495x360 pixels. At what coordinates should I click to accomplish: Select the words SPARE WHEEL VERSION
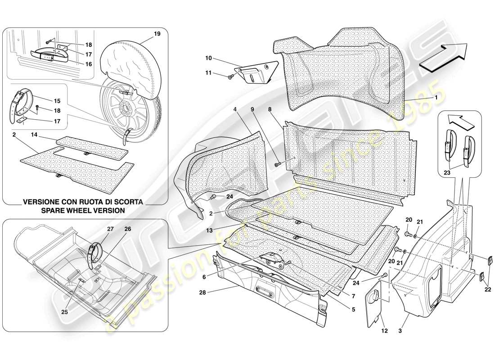tap(83, 210)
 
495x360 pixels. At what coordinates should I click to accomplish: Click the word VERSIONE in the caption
tap(41, 202)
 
